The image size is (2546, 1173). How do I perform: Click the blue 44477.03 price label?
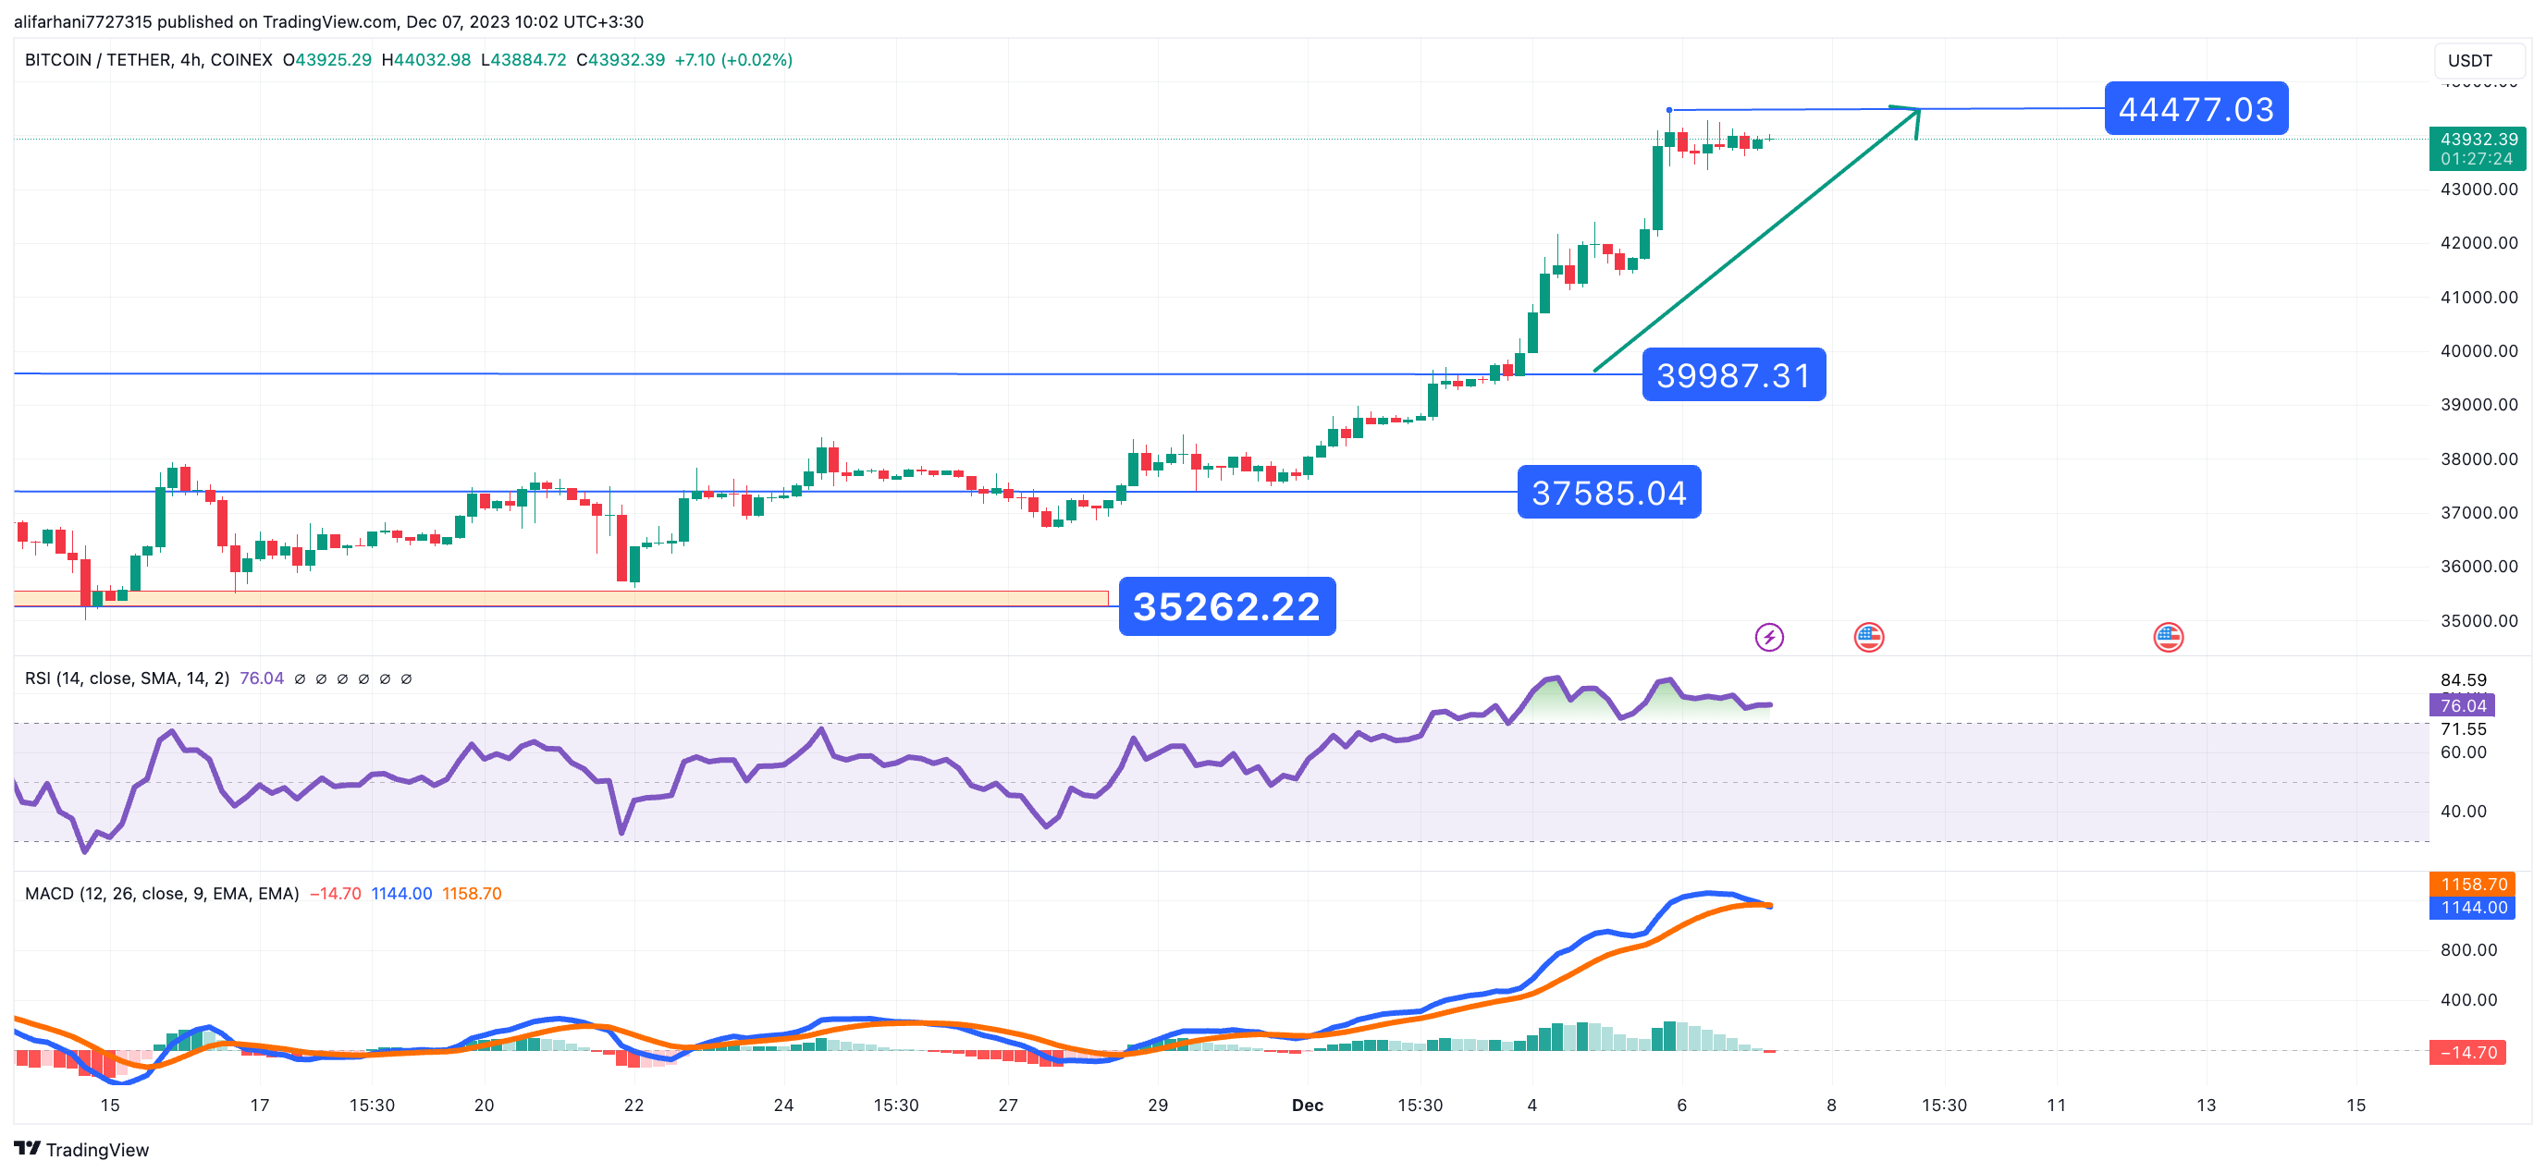point(2195,109)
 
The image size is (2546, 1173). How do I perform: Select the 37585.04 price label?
point(1608,492)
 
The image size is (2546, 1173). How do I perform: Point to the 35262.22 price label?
point(1225,606)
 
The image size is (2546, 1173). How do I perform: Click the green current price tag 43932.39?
point(2477,148)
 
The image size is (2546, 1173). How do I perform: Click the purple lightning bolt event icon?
point(1768,638)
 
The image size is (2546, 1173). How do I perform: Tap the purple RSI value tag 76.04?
point(2462,705)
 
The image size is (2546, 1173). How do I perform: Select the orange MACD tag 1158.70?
point(2474,885)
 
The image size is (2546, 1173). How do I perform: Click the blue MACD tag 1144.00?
point(2474,907)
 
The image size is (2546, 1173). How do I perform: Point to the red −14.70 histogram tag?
point(2468,1053)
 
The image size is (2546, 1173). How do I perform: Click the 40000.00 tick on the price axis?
point(2478,351)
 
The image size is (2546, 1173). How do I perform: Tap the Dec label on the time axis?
point(1307,1105)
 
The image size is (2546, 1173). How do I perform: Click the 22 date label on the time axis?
point(633,1105)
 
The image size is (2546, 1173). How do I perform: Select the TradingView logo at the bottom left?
point(81,1149)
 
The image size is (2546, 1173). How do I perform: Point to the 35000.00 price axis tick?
point(2478,620)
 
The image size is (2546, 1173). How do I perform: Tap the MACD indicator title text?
point(161,893)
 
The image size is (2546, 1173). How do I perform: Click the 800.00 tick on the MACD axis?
point(2468,949)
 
